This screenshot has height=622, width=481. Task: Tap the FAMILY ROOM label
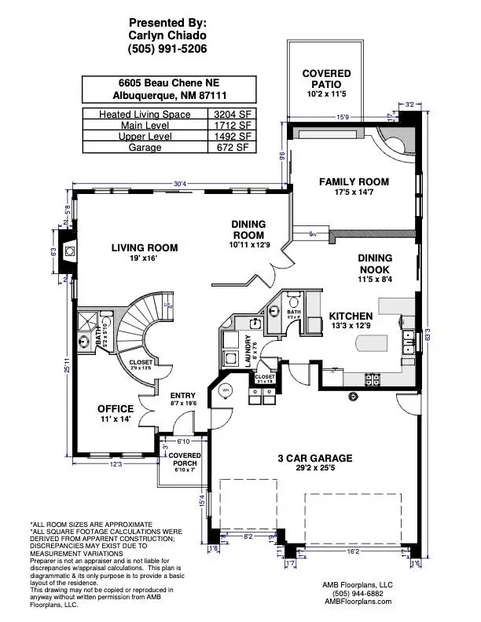coord(354,181)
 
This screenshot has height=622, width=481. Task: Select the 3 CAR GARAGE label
coord(314,458)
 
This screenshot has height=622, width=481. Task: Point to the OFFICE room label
coord(116,409)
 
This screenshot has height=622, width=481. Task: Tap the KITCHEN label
coord(351,316)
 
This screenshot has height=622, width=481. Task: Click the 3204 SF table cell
coord(230,114)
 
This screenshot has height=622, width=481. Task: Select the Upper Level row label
coord(142,136)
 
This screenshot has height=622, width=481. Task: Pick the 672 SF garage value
coord(230,147)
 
